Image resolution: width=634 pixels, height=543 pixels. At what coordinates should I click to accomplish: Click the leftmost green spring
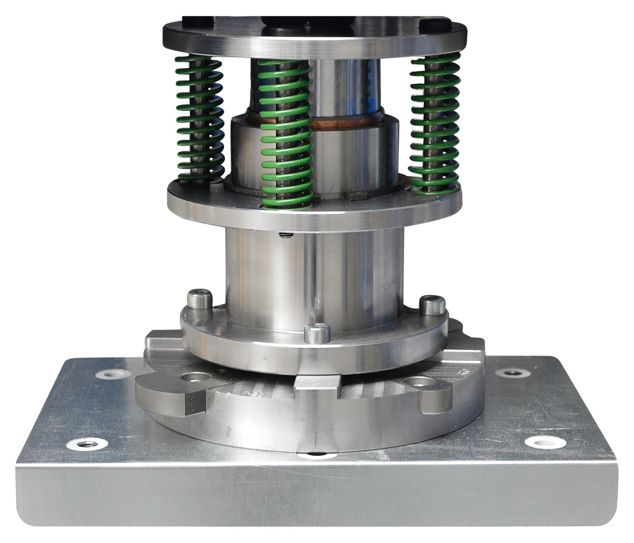tap(199, 119)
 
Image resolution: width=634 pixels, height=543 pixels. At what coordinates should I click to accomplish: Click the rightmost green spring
tap(435, 123)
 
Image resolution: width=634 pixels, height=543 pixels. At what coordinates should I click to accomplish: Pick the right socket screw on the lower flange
tap(432, 304)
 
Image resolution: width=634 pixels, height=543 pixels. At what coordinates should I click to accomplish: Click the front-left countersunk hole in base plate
tap(87, 444)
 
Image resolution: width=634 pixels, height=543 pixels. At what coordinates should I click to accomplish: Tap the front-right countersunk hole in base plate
tap(545, 442)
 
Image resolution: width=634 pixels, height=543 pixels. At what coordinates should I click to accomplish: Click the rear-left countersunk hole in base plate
tap(114, 373)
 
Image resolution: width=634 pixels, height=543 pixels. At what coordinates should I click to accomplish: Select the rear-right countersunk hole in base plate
tap(512, 373)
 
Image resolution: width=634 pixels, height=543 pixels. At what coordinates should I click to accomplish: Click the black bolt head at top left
tap(198, 22)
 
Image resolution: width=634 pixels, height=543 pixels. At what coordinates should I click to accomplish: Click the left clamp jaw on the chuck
tap(170, 392)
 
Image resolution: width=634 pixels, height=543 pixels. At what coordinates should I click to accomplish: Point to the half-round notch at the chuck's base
tap(317, 455)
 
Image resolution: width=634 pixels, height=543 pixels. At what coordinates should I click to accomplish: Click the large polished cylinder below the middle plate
tap(313, 273)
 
